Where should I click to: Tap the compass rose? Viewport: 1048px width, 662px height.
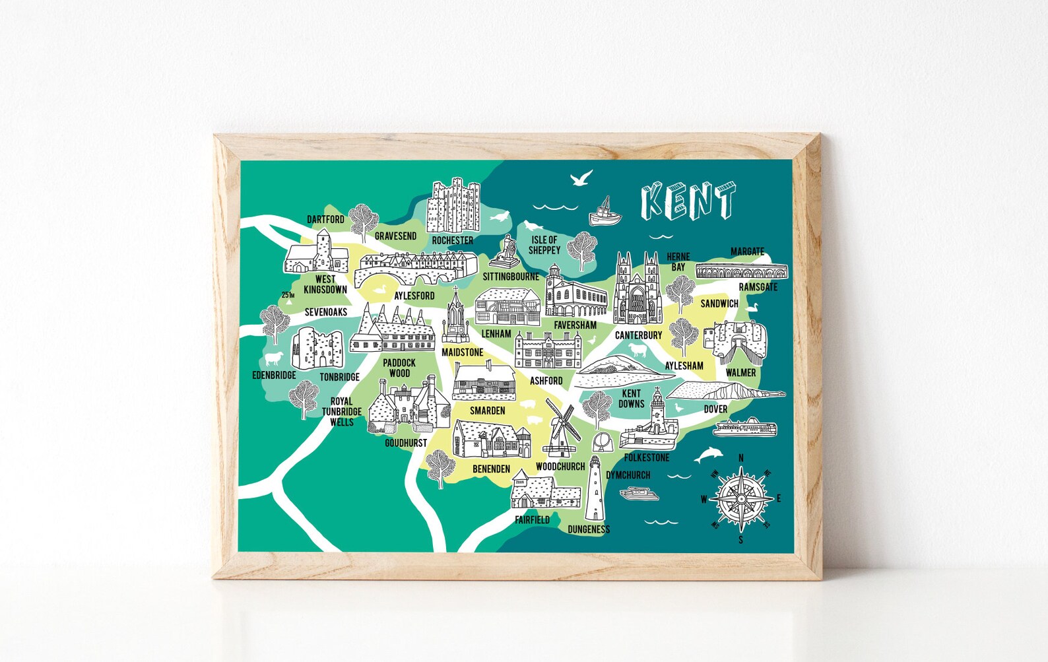(741, 499)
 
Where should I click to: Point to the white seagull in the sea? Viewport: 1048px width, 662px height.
(581, 178)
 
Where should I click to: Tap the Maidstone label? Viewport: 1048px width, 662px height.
(462, 352)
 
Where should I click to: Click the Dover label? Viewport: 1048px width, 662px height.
(715, 409)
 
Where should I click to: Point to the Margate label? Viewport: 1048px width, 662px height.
(747, 251)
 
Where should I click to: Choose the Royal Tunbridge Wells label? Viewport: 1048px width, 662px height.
(342, 411)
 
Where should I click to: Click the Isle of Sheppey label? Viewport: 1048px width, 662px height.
(544, 245)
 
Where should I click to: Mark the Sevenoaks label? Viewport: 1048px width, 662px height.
(326, 312)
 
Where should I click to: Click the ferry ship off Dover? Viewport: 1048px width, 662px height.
(744, 428)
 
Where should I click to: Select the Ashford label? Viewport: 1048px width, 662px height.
(546, 381)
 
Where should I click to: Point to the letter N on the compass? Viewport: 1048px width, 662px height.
(741, 458)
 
